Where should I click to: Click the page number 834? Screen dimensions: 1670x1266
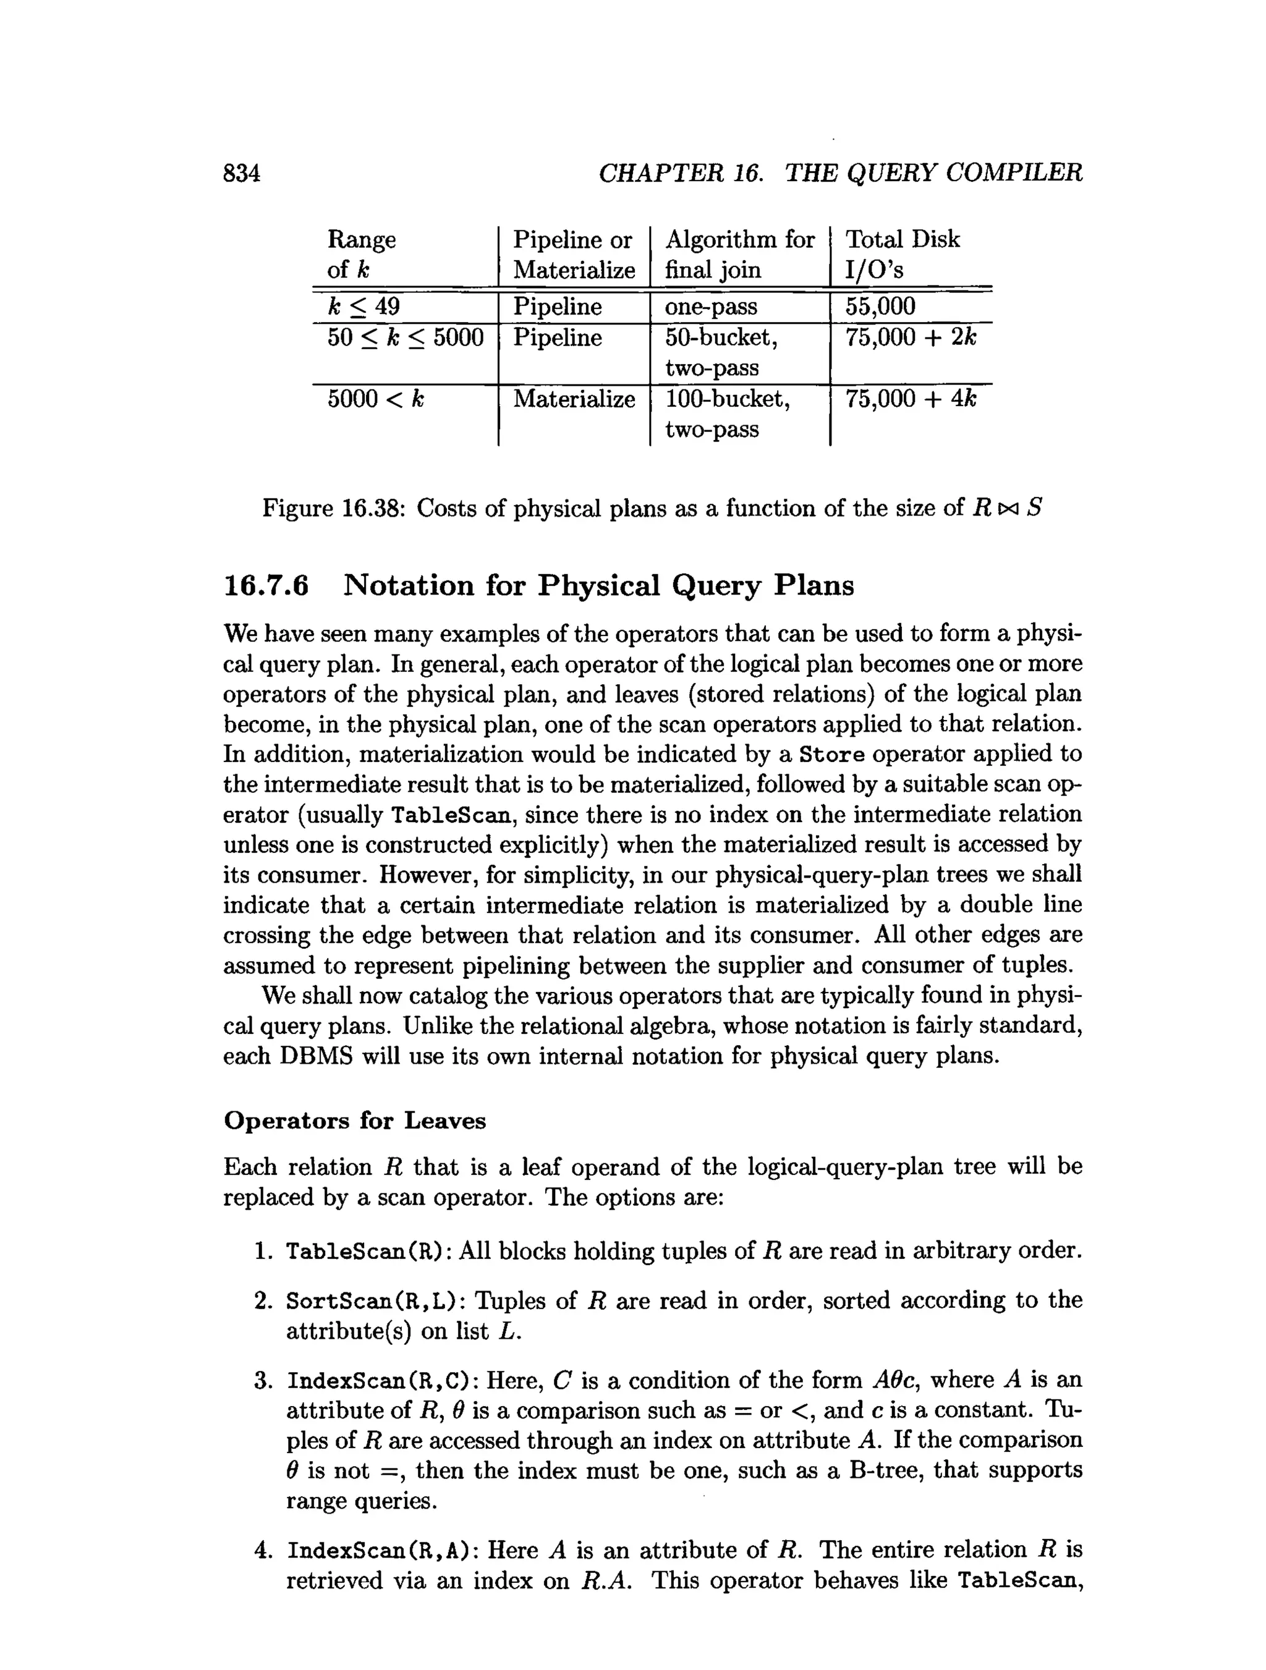coord(242,174)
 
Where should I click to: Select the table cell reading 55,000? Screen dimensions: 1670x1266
coord(880,307)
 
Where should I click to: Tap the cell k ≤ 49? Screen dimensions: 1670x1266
coord(364,307)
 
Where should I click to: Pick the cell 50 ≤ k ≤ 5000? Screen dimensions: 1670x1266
coord(406,337)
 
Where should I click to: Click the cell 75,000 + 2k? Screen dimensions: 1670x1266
coord(911,337)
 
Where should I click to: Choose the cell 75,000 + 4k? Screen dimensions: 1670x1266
coord(911,399)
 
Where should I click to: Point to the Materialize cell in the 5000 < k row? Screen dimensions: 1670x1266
coord(574,399)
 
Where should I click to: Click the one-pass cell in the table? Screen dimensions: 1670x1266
coord(711,307)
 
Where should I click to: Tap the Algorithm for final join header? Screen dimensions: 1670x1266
coord(739,255)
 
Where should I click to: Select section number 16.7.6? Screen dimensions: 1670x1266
coord(266,586)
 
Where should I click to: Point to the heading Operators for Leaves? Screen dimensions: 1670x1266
coord(355,1121)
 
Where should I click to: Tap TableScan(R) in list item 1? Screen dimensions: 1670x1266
coord(368,1252)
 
